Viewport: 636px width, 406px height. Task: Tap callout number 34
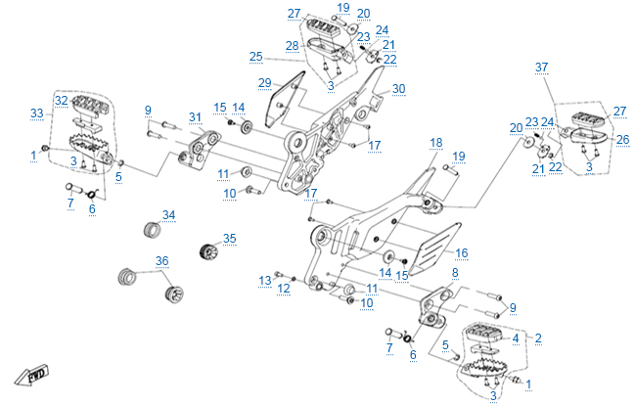pos(168,214)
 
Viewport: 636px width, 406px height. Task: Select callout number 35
pos(229,238)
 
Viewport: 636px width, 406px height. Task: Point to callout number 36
pos(162,261)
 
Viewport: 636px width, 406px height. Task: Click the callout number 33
pos(37,113)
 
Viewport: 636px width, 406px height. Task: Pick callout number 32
pos(61,100)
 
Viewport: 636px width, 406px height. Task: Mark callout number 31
pos(195,118)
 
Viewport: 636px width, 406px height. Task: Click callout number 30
pos(398,88)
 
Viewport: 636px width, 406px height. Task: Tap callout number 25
pos(255,56)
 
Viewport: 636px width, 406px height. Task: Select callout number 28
pos(292,46)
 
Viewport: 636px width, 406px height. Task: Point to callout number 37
pos(541,67)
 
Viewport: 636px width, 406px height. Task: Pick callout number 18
pos(435,142)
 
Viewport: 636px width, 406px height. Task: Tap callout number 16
pos(461,252)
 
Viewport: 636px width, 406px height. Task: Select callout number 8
pos(454,273)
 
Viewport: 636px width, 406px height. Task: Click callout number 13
pos(264,280)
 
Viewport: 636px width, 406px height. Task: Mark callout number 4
pos(515,338)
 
